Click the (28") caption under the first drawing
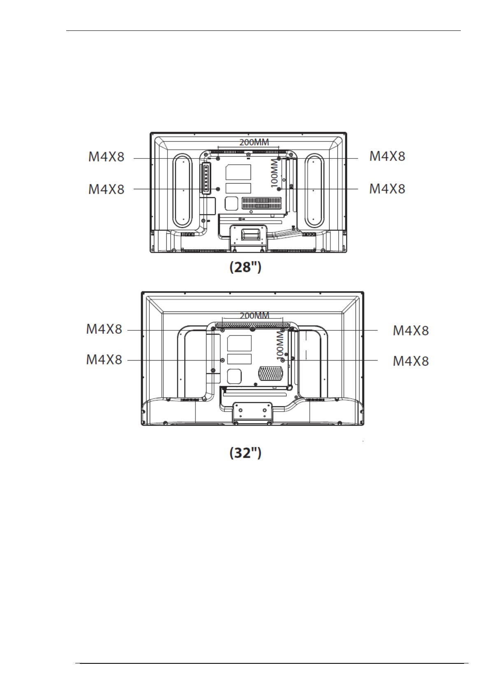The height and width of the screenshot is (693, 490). (245, 267)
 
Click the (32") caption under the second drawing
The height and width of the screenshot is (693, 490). (245, 453)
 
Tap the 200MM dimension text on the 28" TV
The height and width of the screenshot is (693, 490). (254, 142)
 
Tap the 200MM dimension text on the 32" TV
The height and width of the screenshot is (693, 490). (255, 315)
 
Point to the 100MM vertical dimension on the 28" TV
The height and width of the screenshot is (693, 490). (275, 173)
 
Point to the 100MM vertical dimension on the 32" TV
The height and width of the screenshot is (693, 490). (280, 345)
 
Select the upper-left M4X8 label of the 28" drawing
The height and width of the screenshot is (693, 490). (107, 157)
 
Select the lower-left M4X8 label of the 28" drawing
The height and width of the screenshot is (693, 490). (107, 189)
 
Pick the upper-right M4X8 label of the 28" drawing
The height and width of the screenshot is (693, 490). (387, 156)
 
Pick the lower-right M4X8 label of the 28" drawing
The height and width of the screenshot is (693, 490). (387, 188)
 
